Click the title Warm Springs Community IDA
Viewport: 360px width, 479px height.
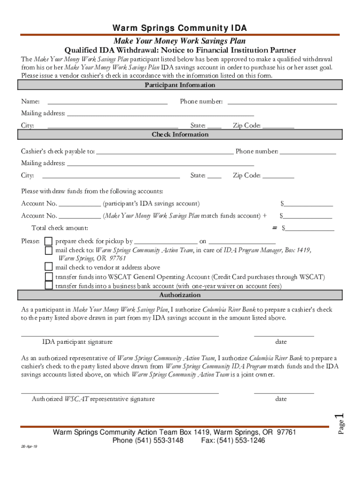pos(180,28)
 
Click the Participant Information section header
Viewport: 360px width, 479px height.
pos(180,85)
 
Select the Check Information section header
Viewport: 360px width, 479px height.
pos(180,135)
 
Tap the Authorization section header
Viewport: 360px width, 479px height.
pos(180,295)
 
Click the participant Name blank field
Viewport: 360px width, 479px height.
pos(108,102)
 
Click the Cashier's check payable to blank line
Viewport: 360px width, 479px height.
pos(164,151)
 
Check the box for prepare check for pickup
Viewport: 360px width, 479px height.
pos(49,241)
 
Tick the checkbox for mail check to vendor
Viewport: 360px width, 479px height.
pos(49,267)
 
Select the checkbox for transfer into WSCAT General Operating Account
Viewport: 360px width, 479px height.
pos(49,276)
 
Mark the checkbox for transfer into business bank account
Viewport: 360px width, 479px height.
pos(49,286)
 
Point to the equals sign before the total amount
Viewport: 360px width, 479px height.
pos(275,228)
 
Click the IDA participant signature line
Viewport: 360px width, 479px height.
pos(120,335)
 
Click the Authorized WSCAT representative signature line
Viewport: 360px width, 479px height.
pos(120,392)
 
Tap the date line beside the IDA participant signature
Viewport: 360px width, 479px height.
pos(284,335)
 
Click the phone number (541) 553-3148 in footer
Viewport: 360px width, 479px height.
pos(148,441)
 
